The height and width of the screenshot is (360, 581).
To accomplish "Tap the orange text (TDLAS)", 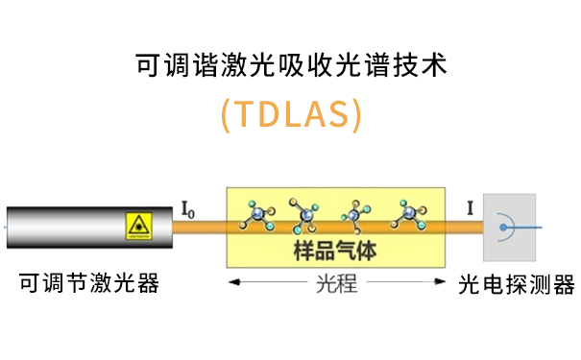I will pyautogui.click(x=290, y=114).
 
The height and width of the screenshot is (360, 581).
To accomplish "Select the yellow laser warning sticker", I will pyautogui.click(x=138, y=227).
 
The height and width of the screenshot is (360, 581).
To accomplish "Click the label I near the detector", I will pyautogui.click(x=469, y=206).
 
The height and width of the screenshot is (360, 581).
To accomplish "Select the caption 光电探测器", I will pyautogui.click(x=517, y=285).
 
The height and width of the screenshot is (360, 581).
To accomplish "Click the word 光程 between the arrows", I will pyautogui.click(x=336, y=285).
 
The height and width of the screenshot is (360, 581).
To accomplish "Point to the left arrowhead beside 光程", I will pyautogui.click(x=231, y=285).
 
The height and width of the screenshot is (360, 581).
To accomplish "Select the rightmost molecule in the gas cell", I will pyautogui.click(x=412, y=215).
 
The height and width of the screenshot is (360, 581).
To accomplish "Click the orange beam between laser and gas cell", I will pyautogui.click(x=198, y=228).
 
